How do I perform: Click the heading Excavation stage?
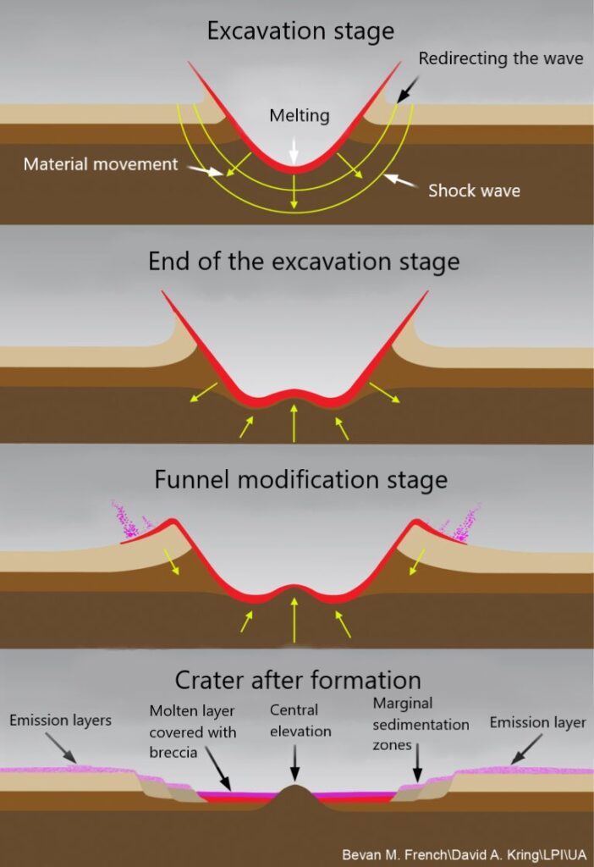pos(300,31)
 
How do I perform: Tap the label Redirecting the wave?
pos(501,58)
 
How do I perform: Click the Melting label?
pos(300,115)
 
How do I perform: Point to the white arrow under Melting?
pos(294,149)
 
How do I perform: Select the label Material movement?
pos(101,163)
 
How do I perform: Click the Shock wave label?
pos(474,191)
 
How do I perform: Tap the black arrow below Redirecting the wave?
pos(408,90)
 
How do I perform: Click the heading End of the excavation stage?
pos(304,262)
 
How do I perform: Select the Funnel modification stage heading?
pos(300,479)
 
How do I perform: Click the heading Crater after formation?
pos(298,680)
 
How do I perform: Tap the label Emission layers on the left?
pos(60,720)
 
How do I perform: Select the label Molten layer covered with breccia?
pos(192,732)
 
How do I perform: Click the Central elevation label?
pos(300,721)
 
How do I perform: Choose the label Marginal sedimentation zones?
pos(421,724)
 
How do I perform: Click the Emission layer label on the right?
pos(537,722)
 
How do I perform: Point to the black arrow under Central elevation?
pos(295,763)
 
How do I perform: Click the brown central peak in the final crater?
pos(295,798)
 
